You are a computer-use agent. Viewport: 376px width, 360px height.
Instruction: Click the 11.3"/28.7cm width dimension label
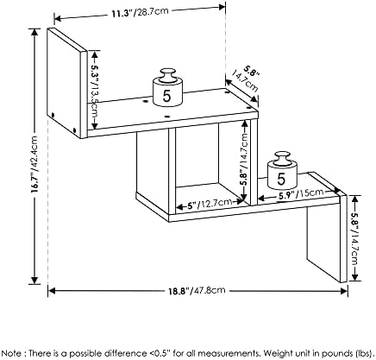(140, 13)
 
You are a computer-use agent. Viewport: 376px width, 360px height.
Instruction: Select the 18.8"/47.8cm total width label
(197, 290)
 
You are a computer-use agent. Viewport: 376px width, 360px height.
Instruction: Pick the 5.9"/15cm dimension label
(301, 194)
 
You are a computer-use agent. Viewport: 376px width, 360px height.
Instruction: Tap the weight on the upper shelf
(167, 87)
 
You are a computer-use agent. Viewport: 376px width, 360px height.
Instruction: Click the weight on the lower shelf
(283, 170)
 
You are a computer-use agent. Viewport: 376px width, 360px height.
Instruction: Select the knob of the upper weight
(167, 74)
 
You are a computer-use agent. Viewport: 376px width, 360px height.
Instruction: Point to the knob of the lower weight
(282, 158)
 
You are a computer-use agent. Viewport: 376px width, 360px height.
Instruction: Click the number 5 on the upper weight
(167, 96)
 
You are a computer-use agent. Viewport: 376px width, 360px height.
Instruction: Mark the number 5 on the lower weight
(281, 179)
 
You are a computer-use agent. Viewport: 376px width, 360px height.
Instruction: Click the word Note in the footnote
(12, 353)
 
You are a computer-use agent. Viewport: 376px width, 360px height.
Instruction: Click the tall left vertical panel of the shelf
(66, 83)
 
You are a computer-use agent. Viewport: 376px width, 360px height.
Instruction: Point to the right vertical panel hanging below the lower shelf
(327, 237)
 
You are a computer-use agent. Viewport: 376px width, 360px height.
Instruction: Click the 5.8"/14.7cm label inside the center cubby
(244, 159)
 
